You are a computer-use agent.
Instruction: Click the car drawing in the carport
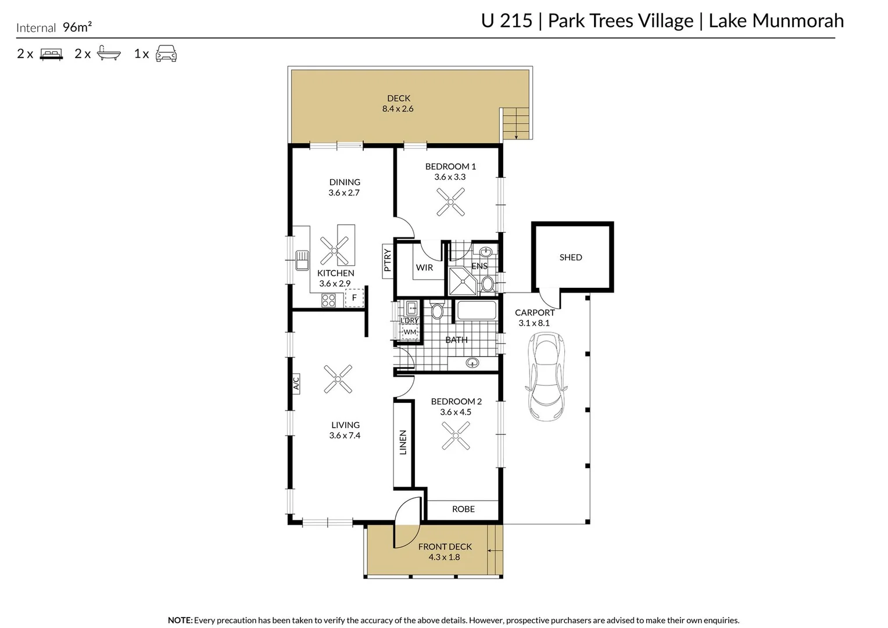(546, 376)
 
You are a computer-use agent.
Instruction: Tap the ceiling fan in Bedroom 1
(450, 202)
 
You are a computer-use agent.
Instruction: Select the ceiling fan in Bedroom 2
(456, 436)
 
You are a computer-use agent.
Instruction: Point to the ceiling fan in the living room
(338, 379)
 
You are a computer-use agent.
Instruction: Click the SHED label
(571, 257)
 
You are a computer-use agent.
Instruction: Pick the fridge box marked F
(355, 298)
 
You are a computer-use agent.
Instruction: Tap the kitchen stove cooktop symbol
(328, 300)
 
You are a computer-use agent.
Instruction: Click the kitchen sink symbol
(302, 261)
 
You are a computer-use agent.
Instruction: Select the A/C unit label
(296, 383)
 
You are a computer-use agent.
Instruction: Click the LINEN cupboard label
(403, 442)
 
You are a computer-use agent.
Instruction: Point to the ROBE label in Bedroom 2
(463, 509)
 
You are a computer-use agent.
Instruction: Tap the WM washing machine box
(410, 331)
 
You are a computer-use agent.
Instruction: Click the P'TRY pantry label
(387, 261)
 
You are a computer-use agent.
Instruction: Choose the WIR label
(424, 267)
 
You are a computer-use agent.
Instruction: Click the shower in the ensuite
(462, 281)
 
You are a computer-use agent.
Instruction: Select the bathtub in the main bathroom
(476, 311)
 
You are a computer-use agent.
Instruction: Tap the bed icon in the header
(51, 54)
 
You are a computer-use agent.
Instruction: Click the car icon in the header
(166, 53)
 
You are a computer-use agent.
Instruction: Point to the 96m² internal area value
(77, 27)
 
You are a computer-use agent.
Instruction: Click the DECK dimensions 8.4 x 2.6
(398, 109)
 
